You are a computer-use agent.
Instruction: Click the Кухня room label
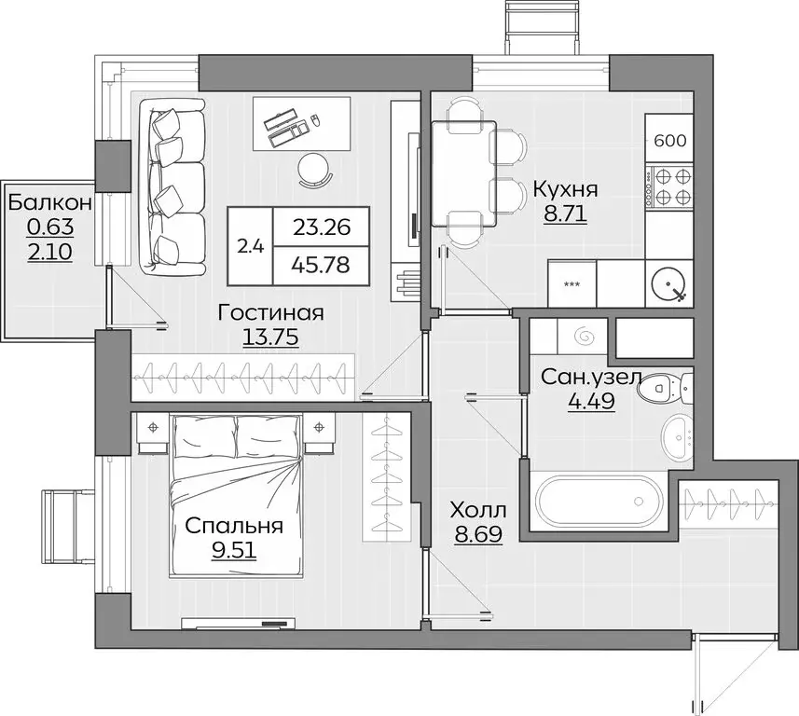click(565, 189)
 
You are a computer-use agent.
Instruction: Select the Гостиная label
click(270, 313)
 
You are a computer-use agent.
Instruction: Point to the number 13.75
click(269, 338)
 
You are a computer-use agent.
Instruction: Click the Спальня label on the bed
click(234, 527)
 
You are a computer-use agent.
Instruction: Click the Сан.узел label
click(590, 379)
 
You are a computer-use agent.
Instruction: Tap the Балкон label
click(50, 200)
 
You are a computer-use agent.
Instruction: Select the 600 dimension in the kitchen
click(670, 141)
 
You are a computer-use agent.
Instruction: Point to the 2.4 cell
click(250, 246)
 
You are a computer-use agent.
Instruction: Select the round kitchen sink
click(670, 286)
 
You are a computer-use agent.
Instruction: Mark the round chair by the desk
click(315, 169)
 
